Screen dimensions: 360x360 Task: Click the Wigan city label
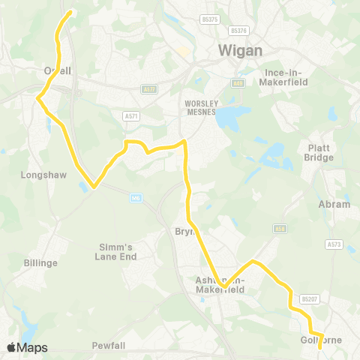pos(240,50)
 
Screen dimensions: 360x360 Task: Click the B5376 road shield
pos(239,30)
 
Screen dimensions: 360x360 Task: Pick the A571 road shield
pos(131,116)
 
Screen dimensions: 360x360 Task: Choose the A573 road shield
pos(334,244)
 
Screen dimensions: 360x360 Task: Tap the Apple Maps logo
pos(27,347)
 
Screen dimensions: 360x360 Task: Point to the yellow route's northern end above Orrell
pos(70,12)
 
